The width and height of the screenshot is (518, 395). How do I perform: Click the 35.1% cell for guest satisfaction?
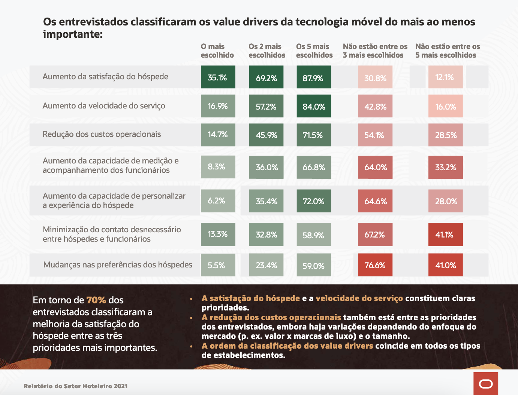tap(218, 77)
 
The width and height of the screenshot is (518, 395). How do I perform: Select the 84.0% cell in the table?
tap(314, 106)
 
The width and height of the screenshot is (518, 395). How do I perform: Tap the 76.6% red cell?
tap(375, 265)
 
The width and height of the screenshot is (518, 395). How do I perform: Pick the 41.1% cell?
tap(445, 235)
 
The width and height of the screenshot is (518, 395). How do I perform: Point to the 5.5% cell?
tap(218, 265)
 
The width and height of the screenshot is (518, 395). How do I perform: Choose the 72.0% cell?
tap(314, 201)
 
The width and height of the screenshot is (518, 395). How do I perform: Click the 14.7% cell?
tap(218, 135)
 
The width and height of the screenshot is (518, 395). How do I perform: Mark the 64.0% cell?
tap(375, 167)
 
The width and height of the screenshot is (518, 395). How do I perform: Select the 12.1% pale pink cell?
tap(445, 77)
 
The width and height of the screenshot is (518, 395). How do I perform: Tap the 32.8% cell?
tap(266, 235)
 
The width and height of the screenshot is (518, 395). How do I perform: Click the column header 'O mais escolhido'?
tap(217, 51)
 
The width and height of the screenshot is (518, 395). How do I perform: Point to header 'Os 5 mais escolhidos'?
tap(314, 51)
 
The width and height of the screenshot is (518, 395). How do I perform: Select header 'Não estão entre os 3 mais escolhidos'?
tap(375, 51)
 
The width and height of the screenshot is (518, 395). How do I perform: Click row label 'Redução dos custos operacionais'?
tap(102, 134)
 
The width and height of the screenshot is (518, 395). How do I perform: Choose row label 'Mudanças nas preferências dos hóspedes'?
tap(118, 265)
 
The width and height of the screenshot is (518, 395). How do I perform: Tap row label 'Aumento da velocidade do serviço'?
tap(104, 106)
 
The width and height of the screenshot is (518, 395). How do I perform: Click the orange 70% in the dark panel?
tap(96, 300)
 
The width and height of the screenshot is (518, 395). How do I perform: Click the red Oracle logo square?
tap(486, 383)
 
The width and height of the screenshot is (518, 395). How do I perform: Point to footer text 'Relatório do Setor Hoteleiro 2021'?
tap(76, 386)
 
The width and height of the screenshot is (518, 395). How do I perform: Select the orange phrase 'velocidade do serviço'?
tap(359, 298)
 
